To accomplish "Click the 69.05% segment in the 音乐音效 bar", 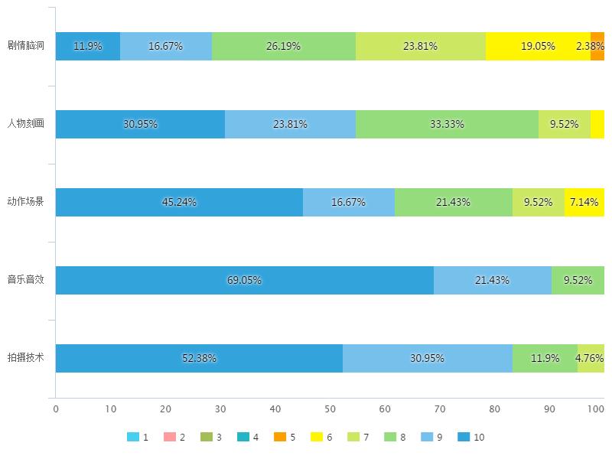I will point(245,280).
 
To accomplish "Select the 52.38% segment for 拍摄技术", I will point(199,358).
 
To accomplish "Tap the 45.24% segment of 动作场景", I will point(179,202).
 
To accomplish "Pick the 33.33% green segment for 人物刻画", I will point(447,124).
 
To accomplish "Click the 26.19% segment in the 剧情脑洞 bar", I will point(284,46).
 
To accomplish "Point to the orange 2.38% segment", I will point(597,46).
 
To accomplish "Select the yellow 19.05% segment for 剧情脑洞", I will point(538,46).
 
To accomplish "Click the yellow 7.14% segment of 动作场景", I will point(584,202).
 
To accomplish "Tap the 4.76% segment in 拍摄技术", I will point(591,358).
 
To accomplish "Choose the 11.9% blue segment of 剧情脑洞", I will point(88,46).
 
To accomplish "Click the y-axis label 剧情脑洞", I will point(26,46).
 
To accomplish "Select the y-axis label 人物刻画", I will point(26,124).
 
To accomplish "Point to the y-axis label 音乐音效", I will point(26,280).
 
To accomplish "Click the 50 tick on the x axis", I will point(330,409).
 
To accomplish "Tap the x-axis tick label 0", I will point(56,409).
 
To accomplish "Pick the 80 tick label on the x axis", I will point(494,409).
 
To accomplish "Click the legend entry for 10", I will point(471,438).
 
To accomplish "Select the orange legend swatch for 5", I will point(280,438).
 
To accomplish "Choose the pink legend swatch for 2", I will point(170,438).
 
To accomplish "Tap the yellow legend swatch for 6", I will point(317,438).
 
